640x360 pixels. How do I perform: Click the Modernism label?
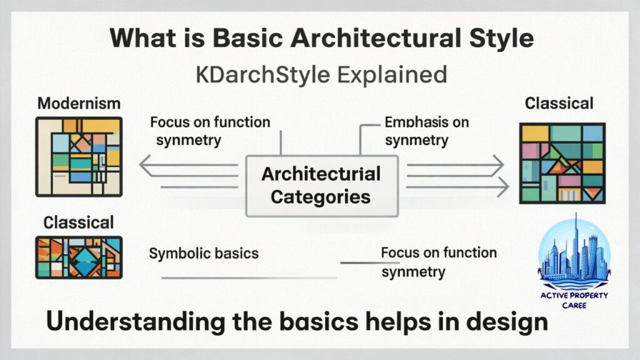(x=79, y=103)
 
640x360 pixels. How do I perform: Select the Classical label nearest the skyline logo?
(x=559, y=103)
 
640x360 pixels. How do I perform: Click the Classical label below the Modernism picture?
(x=79, y=222)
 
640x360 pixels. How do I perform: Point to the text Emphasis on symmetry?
(x=426, y=131)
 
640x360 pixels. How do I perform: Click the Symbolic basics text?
(x=204, y=254)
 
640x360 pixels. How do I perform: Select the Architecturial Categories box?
(x=321, y=185)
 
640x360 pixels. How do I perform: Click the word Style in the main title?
(x=497, y=39)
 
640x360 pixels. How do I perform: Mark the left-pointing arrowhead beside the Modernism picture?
(x=145, y=166)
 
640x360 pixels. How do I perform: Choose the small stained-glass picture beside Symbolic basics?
(x=79, y=257)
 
